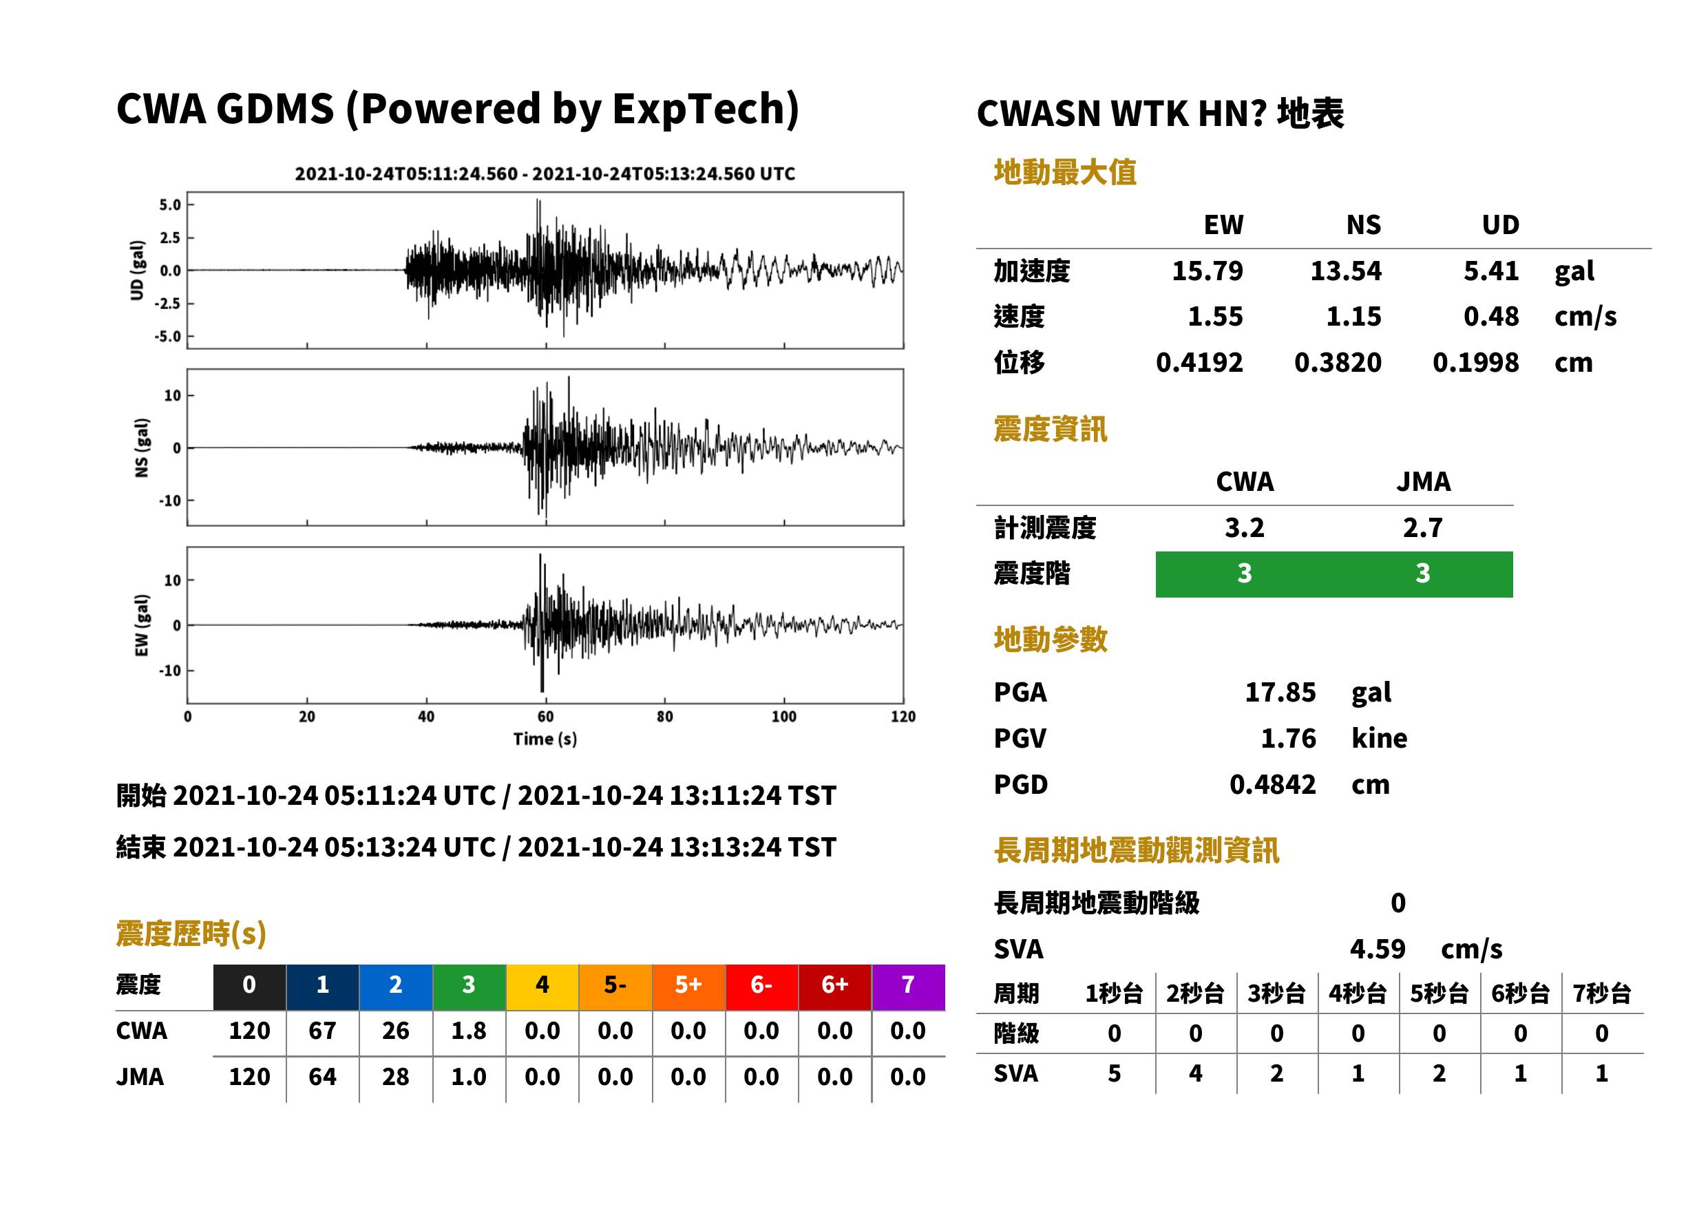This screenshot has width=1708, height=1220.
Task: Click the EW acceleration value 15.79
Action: [x=1207, y=271]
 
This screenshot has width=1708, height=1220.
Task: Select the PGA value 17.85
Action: [x=1280, y=692]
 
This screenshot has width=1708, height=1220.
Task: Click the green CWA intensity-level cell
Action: [x=1245, y=574]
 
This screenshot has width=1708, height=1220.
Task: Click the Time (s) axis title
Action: [x=545, y=739]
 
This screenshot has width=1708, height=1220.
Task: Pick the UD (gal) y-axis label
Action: [x=137, y=271]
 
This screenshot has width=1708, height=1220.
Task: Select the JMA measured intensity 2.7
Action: [x=1422, y=528]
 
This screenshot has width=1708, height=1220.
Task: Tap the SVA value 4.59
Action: [x=1378, y=949]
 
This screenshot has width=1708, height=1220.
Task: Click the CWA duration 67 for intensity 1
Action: [x=322, y=1031]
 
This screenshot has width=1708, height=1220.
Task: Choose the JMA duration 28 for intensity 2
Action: [x=396, y=1077]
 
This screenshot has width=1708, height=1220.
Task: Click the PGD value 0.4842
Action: [x=1272, y=785]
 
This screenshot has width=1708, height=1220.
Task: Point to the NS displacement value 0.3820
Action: [x=1338, y=363]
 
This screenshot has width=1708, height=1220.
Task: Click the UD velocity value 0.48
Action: [x=1491, y=317]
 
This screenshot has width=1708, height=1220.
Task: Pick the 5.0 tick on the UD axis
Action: [x=170, y=205]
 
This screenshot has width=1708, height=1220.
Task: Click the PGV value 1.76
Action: [x=1288, y=739]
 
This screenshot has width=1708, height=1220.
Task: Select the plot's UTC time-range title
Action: [x=545, y=173]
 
